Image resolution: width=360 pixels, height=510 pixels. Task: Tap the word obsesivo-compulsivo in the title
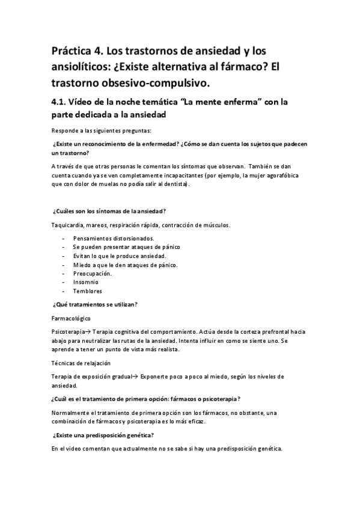point(157,81)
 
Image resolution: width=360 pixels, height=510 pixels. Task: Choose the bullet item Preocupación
point(92,273)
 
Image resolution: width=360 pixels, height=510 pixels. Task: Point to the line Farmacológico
point(72,318)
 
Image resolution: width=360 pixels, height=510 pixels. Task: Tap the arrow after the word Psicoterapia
point(85,331)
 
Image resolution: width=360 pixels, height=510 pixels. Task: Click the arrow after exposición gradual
point(135,376)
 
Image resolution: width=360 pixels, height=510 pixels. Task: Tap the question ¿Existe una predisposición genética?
point(103,435)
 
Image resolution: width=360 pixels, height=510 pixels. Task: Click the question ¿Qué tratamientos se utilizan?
point(96,304)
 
